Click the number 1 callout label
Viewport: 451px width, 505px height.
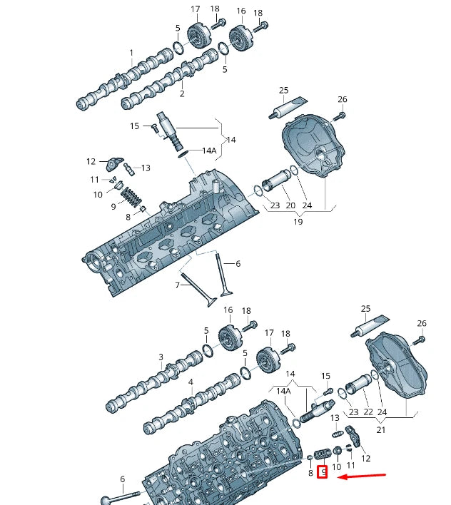pos(131,53)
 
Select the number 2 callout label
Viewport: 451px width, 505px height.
pos(181,93)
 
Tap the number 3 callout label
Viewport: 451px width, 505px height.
pos(161,357)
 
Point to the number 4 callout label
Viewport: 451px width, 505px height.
pos(191,383)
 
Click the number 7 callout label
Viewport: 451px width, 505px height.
pos(178,285)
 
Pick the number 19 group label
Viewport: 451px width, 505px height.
pos(298,221)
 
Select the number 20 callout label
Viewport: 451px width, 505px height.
pos(290,205)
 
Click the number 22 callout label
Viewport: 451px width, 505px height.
pos(369,412)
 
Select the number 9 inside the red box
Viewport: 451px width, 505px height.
pos(323,471)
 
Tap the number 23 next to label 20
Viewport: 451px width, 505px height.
pos(275,205)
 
